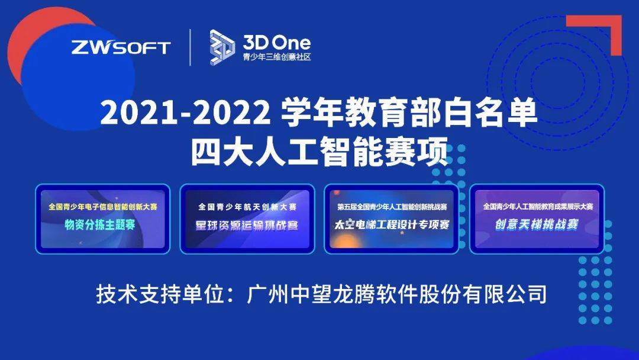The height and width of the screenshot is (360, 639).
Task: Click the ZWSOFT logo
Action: (x=121, y=48)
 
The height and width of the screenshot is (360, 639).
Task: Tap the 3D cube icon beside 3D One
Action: (x=222, y=47)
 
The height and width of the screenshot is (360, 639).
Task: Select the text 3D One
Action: (x=277, y=43)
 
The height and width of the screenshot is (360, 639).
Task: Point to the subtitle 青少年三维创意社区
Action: (x=277, y=57)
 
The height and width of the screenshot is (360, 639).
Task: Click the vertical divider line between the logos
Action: (x=191, y=47)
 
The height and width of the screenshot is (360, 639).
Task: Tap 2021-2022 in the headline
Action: (x=185, y=113)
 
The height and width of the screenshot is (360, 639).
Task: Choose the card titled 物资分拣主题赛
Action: (x=103, y=219)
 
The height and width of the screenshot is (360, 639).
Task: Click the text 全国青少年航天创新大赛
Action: (x=247, y=207)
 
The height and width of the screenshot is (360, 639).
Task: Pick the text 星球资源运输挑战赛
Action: (x=247, y=226)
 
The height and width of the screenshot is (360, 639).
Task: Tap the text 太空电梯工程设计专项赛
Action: (x=392, y=224)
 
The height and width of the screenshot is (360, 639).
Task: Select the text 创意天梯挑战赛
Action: (x=537, y=224)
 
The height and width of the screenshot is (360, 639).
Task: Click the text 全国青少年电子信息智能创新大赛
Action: (x=103, y=207)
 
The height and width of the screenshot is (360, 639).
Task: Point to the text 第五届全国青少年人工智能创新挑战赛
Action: (x=392, y=207)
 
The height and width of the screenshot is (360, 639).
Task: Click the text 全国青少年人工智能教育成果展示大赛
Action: (x=538, y=207)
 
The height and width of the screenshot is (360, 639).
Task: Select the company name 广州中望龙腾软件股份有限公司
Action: (x=396, y=294)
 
